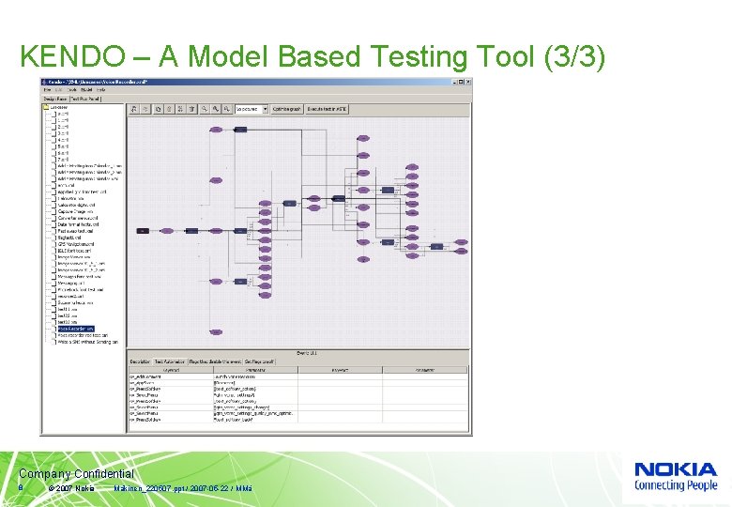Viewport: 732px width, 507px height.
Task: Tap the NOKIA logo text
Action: click(x=676, y=470)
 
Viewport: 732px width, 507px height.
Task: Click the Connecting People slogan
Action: click(x=676, y=485)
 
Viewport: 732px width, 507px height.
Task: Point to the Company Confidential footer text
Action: click(x=76, y=475)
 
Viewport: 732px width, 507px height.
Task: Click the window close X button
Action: click(x=466, y=82)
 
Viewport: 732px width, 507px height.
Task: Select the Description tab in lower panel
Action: click(x=140, y=360)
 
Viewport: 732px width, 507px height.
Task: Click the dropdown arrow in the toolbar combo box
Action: click(x=265, y=109)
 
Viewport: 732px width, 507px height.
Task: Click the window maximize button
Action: click(x=457, y=82)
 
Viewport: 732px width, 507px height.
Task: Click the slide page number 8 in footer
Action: click(x=21, y=488)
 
